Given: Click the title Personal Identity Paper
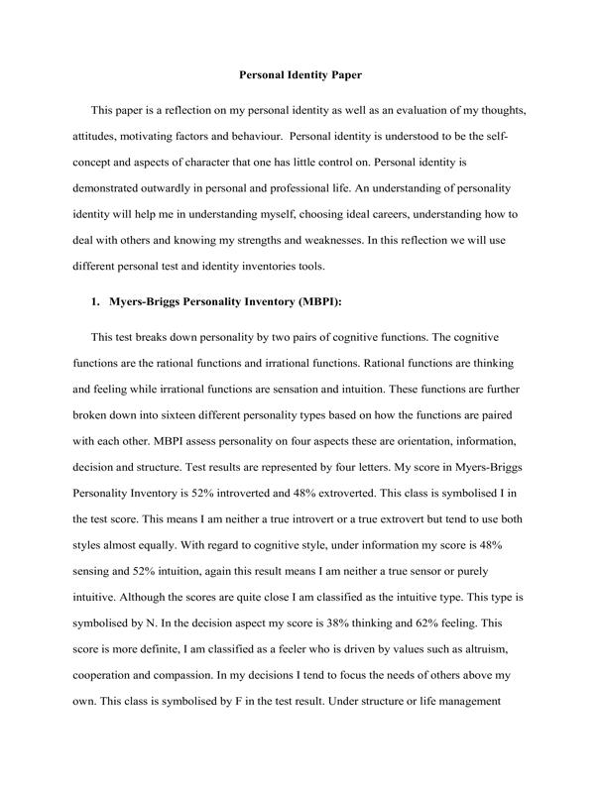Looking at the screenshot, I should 300,74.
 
